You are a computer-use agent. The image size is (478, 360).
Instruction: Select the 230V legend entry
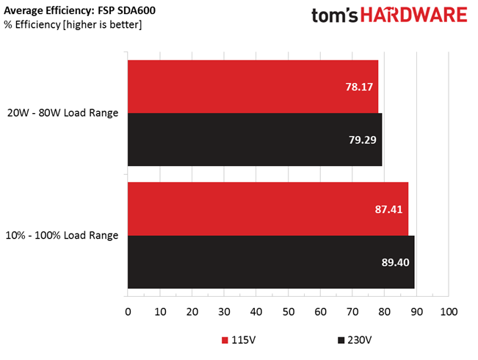point(356,340)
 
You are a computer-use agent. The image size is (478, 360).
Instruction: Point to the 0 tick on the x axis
point(128,312)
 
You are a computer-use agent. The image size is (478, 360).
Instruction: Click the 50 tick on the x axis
point(288,312)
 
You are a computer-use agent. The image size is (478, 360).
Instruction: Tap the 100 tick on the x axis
point(448,312)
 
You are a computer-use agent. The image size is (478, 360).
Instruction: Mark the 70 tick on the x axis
point(352,312)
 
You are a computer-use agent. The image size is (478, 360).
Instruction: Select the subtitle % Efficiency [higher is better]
point(73,25)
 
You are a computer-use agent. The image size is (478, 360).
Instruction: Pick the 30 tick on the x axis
point(224,312)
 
